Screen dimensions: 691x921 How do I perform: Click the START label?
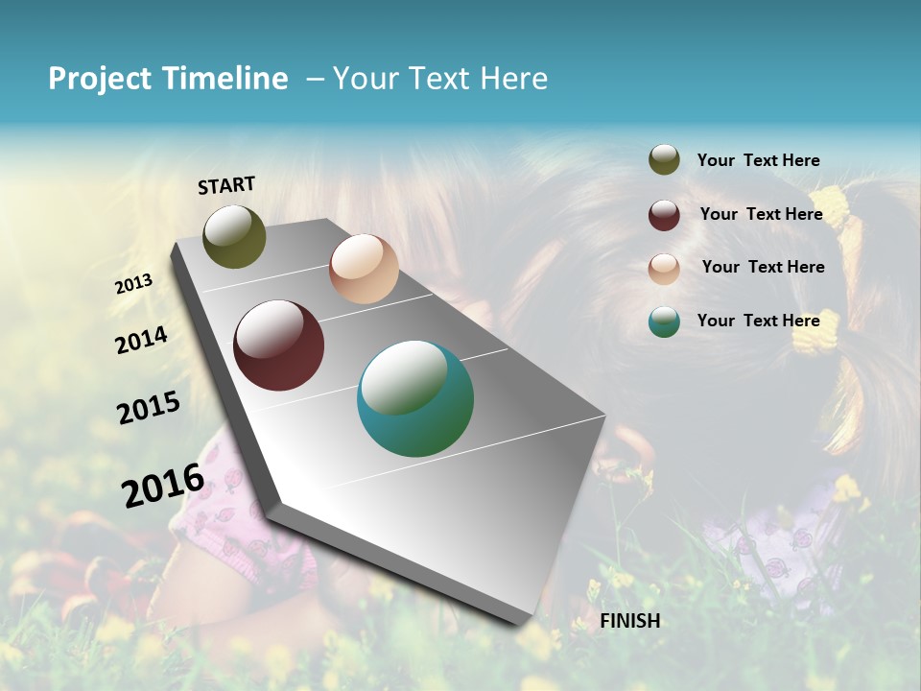pos(226,185)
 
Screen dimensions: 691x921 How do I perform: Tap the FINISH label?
pos(630,621)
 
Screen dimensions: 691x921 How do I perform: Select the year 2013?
pos(134,284)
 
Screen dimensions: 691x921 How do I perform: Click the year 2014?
pos(142,340)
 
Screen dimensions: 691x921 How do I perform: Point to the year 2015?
pos(149,408)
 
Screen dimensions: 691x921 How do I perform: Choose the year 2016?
pos(163,485)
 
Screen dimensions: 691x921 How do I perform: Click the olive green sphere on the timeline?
pos(234,236)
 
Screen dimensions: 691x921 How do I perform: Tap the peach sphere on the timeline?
pos(364,269)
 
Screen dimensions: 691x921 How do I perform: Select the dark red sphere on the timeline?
pos(279,345)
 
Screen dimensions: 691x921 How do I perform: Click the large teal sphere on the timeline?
pos(415,398)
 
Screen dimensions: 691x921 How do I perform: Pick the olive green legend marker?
pos(664,160)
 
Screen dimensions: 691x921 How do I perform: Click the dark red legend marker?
pos(664,215)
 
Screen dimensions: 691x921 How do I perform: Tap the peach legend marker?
pos(664,269)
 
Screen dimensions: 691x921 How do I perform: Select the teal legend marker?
pos(664,322)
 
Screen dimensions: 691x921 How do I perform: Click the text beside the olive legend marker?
pos(758,161)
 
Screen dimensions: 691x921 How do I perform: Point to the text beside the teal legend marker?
pos(758,321)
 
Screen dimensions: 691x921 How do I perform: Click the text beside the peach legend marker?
pos(763,267)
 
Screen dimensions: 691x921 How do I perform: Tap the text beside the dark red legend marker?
pos(761,214)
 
